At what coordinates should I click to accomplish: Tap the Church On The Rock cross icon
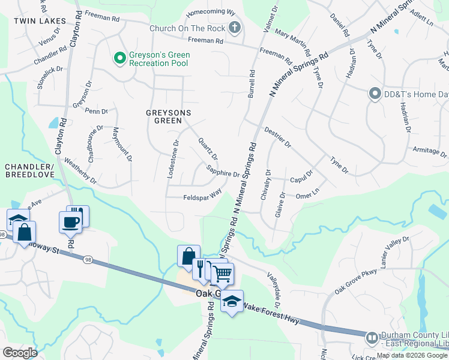pyautogui.click(x=234, y=28)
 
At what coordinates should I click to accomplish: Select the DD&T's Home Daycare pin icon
pyautogui.click(x=375, y=93)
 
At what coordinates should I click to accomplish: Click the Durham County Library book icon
pyautogui.click(x=372, y=339)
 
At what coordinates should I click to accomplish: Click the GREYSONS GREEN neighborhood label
pyautogui.click(x=164, y=116)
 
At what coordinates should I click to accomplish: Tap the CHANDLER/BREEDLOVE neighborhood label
pyautogui.click(x=29, y=170)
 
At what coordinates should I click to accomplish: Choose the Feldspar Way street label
pyautogui.click(x=202, y=194)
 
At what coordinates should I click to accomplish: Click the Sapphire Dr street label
pyautogui.click(x=223, y=172)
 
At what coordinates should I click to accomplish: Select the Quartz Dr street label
pyautogui.click(x=208, y=148)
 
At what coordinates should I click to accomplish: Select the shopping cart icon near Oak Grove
pyautogui.click(x=222, y=274)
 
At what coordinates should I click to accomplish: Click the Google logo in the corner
pyautogui.click(x=19, y=353)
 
